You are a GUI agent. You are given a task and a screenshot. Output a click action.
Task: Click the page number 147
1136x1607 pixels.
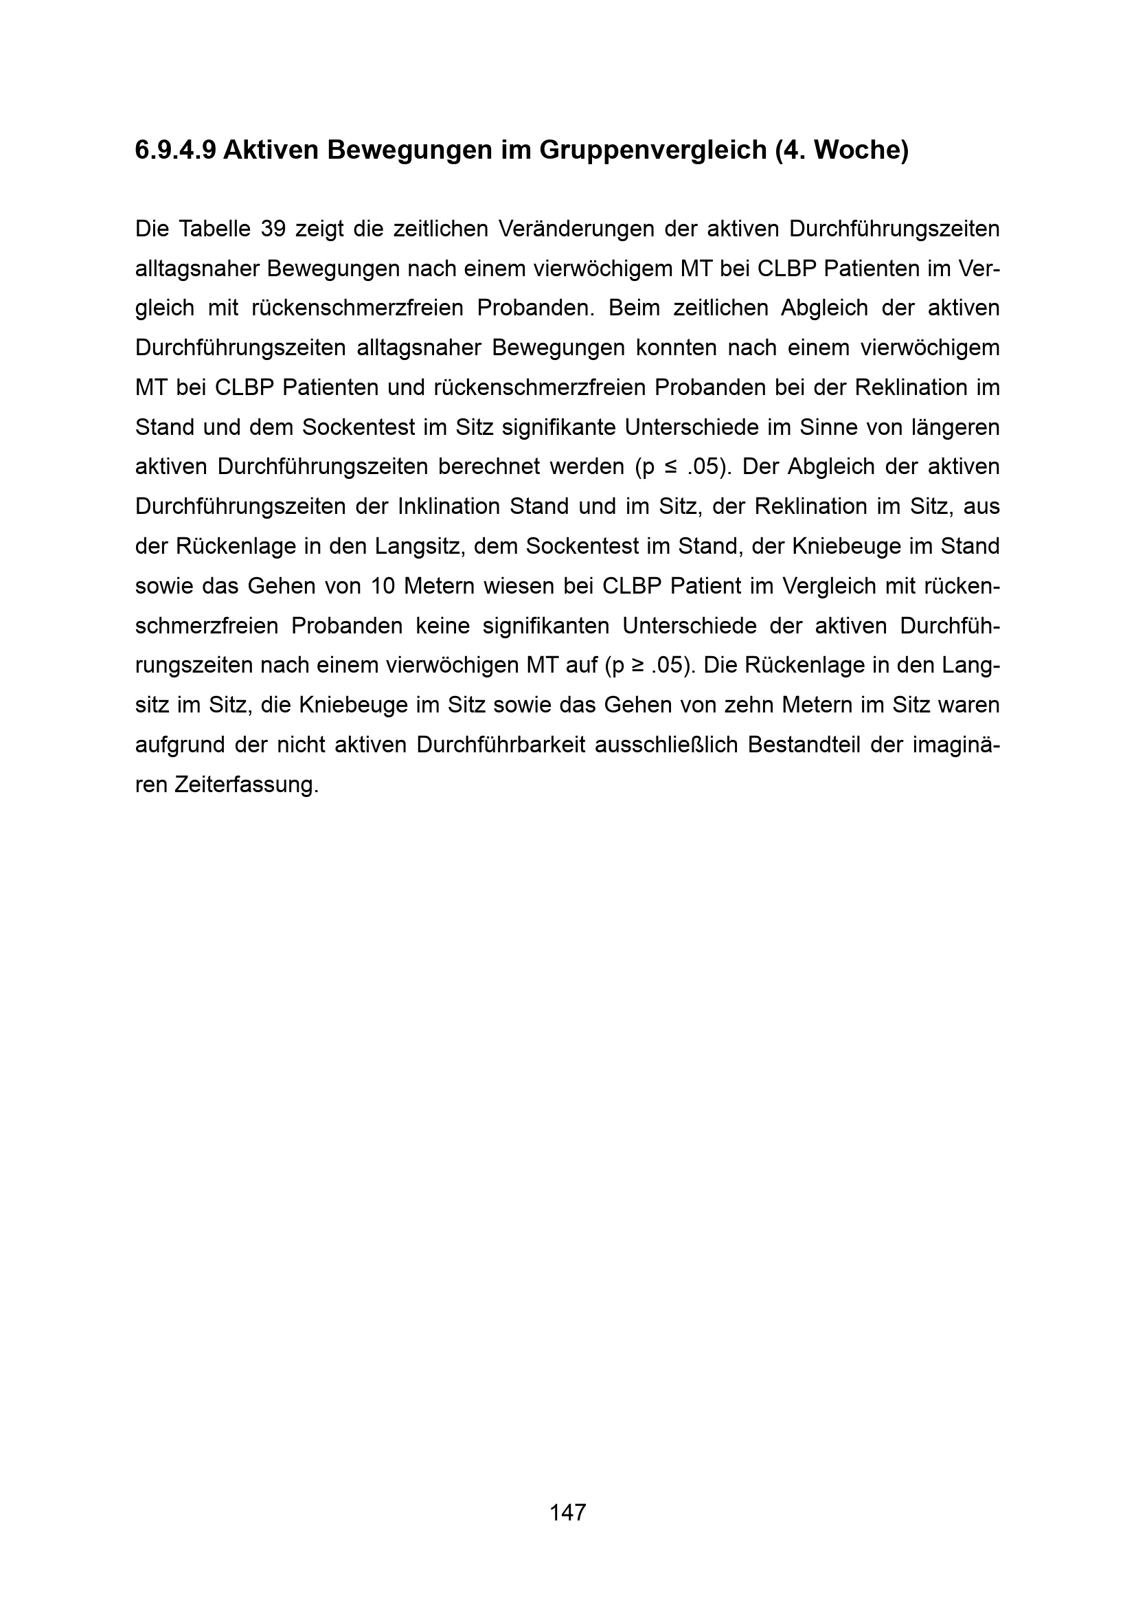coord(567,1512)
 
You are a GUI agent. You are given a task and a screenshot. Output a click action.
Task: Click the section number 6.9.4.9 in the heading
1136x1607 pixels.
coord(176,150)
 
